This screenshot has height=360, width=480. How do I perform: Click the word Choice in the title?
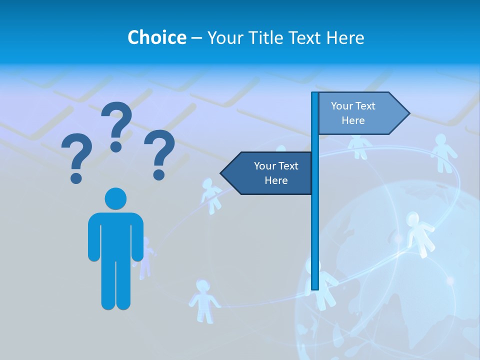[x=156, y=37]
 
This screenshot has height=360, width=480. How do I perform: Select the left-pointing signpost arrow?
[x=267, y=173]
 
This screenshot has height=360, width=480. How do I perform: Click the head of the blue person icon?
[x=115, y=198]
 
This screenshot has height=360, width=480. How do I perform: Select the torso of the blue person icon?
[x=115, y=235]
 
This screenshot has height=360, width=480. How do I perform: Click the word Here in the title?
[x=345, y=37]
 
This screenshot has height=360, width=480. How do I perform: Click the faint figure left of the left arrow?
[x=210, y=195]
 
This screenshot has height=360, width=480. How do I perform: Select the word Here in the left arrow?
[x=276, y=180]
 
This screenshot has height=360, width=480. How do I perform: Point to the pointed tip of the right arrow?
[x=408, y=113]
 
